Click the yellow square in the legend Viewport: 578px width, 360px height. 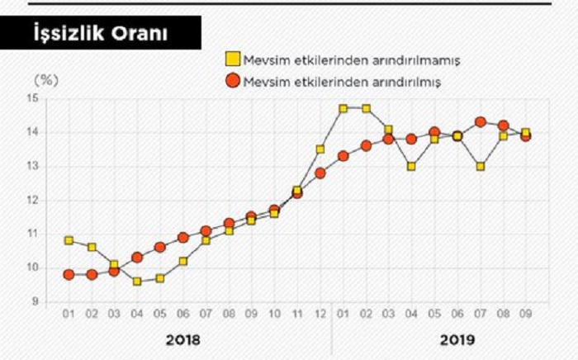(x=234, y=60)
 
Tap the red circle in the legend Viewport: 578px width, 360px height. (x=234, y=81)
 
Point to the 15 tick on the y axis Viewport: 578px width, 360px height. (x=32, y=98)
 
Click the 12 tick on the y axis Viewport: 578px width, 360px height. (x=32, y=200)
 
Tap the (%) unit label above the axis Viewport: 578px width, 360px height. (x=45, y=81)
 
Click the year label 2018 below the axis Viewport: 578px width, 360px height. (x=182, y=339)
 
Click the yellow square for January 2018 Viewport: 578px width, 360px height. (x=69, y=240)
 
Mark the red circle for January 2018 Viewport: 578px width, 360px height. (x=69, y=274)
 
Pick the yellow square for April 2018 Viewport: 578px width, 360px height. (x=137, y=282)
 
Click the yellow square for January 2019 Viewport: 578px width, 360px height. (x=343, y=108)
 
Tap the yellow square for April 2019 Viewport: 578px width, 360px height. (x=411, y=166)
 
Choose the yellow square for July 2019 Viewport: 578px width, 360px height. (x=480, y=166)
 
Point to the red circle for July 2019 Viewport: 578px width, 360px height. (x=480, y=122)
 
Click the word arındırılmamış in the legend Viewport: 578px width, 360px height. (x=420, y=60)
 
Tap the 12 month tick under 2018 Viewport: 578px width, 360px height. (x=320, y=315)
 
